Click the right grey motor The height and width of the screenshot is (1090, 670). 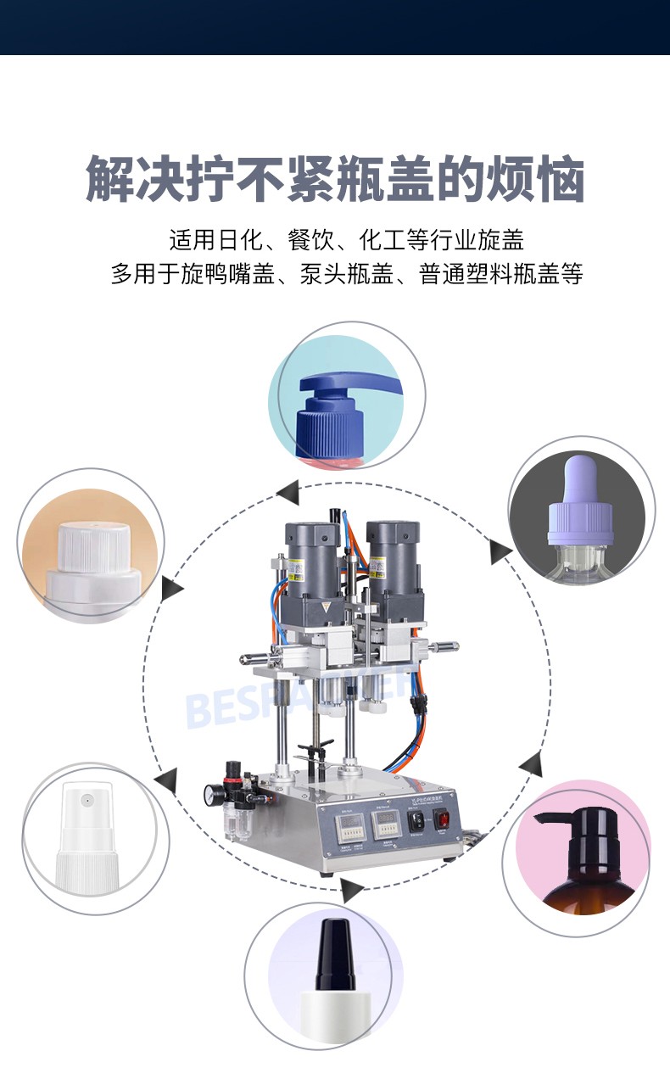(x=391, y=561)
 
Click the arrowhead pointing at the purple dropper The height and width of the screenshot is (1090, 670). (x=500, y=552)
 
